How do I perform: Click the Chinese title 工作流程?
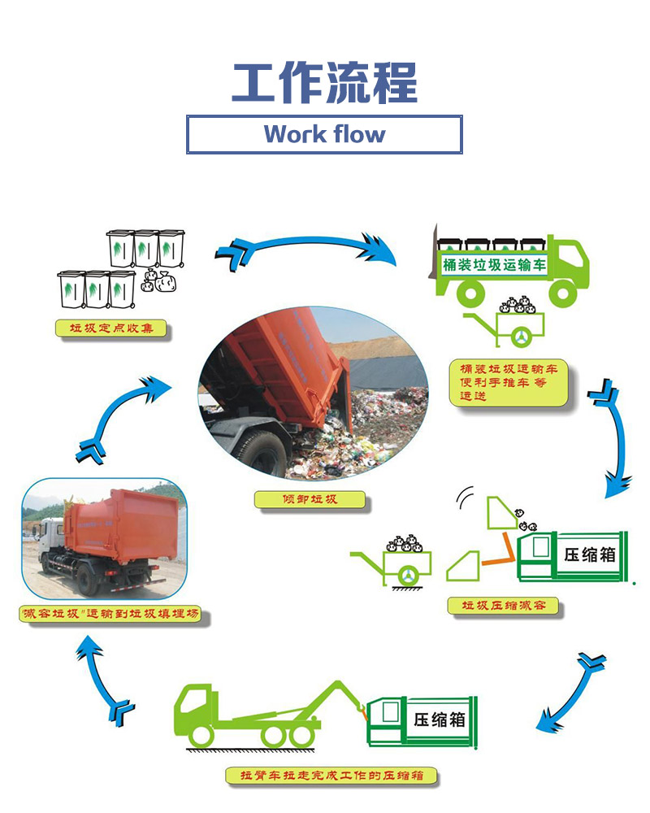click(325, 83)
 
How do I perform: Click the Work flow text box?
click(325, 134)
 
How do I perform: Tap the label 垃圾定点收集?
click(111, 328)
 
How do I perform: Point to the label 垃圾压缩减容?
click(503, 606)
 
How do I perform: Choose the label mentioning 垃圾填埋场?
click(109, 615)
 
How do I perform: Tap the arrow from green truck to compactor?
click(614, 439)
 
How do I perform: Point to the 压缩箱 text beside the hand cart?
click(590, 554)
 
